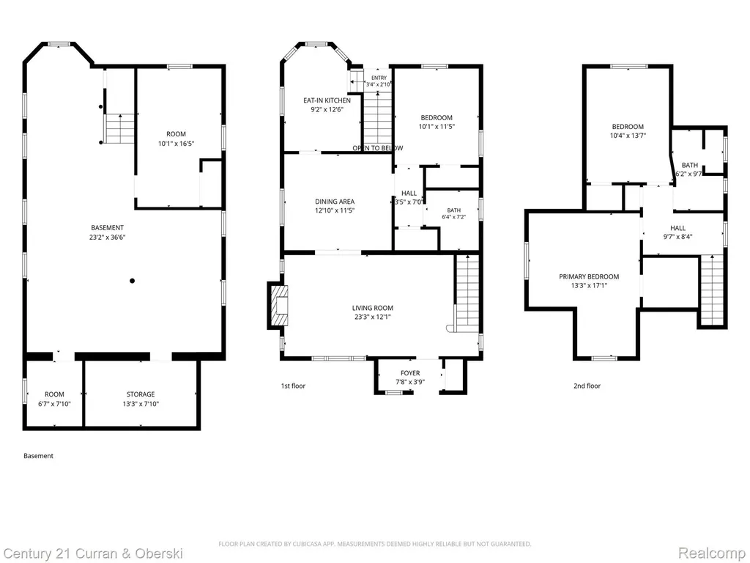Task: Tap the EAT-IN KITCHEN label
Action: [327, 100]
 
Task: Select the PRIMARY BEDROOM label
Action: [589, 276]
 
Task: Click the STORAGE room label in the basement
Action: [141, 394]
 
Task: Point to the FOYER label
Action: [410, 373]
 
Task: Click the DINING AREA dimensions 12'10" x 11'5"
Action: [335, 210]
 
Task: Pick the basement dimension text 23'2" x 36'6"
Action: [107, 237]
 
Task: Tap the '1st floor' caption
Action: [293, 386]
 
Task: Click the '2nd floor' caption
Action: [587, 386]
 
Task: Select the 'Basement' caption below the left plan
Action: [38, 456]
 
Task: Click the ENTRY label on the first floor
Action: [379, 78]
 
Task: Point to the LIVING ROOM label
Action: [373, 308]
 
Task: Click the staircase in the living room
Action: [467, 293]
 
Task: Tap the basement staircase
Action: [119, 129]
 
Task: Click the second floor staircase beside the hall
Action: [712, 290]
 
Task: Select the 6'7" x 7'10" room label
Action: [54, 404]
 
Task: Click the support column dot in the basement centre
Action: [132, 281]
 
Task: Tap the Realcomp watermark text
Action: [712, 553]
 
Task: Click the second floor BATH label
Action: [690, 165]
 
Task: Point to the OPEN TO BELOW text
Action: [378, 148]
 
